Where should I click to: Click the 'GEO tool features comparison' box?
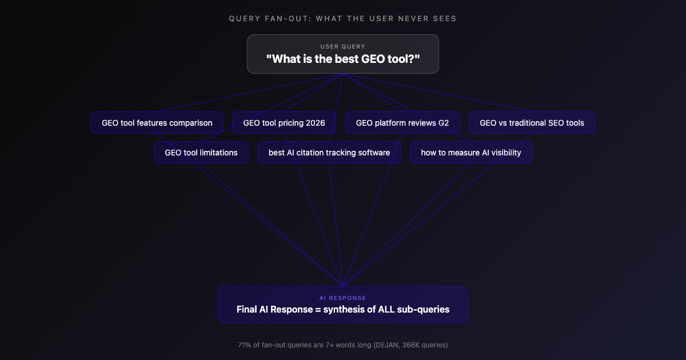157,123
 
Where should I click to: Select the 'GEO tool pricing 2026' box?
284,123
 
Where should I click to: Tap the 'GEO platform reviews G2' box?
402,123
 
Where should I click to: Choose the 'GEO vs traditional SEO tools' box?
532,123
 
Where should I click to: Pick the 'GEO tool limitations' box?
201,153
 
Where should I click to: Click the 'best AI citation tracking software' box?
329,153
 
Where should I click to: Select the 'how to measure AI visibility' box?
471,153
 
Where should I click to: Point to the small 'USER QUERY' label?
343,46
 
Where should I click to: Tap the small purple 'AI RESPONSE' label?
343,298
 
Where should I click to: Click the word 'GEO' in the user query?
374,58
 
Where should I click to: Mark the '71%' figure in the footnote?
245,345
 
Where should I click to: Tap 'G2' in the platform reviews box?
444,123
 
